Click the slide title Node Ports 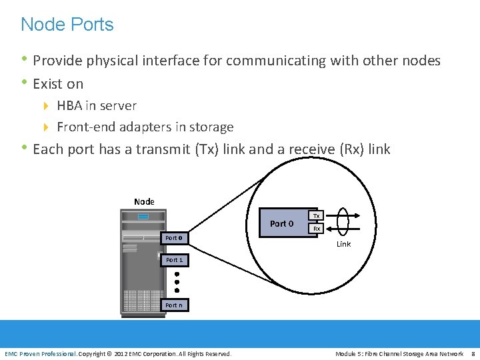pyautogui.click(x=67, y=25)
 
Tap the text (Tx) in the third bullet pyautogui.click(x=207, y=149)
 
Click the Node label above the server pyautogui.click(x=144, y=201)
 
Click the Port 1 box pyautogui.click(x=174, y=260)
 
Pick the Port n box pyautogui.click(x=174, y=305)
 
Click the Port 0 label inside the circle pyautogui.click(x=282, y=223)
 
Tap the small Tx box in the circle pyautogui.click(x=317, y=216)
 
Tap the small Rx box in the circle pyautogui.click(x=317, y=229)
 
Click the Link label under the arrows pyautogui.click(x=343, y=244)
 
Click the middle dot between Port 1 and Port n pyautogui.click(x=177, y=282)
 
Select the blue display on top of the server pyautogui.click(x=143, y=217)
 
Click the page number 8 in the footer pyautogui.click(x=472, y=353)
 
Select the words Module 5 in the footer pyautogui.click(x=350, y=353)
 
